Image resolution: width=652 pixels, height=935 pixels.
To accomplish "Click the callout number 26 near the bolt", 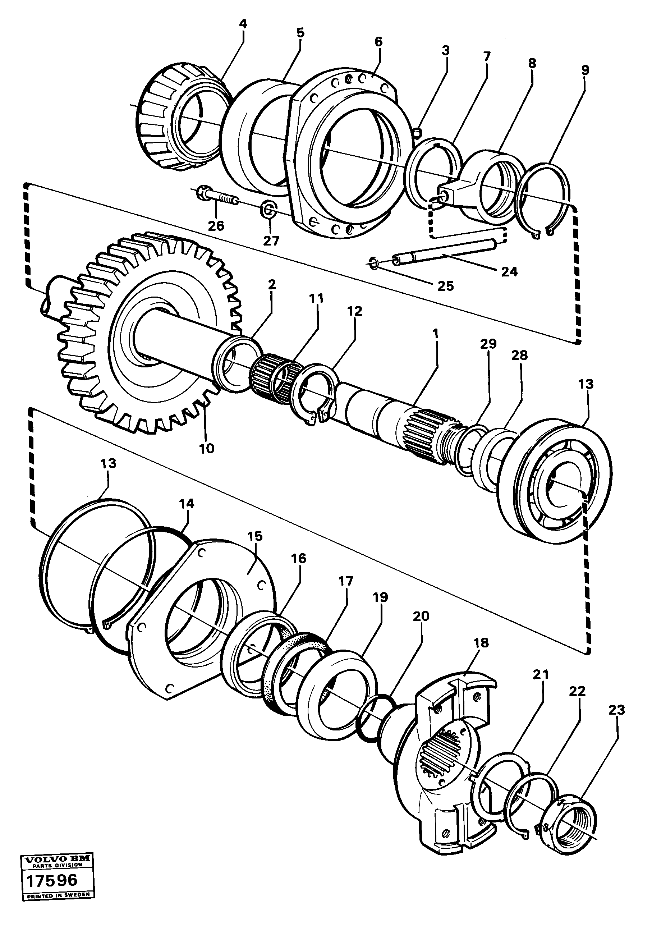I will [x=216, y=225].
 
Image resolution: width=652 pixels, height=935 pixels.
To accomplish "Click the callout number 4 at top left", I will [x=243, y=24].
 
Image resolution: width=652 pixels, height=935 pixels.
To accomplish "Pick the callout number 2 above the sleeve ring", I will [x=272, y=284].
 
